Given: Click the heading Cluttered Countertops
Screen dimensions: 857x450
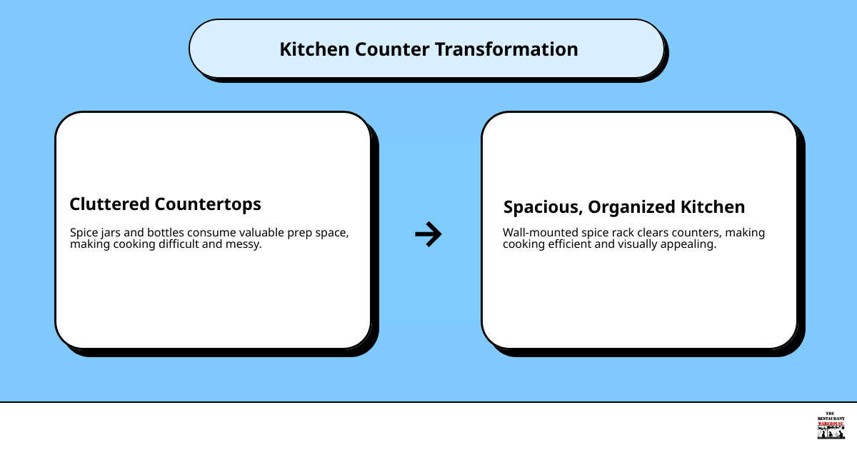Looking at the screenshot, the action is tap(165, 204).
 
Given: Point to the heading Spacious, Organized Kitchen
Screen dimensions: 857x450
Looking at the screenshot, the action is tap(623, 207).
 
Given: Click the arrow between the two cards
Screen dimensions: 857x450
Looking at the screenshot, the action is tap(428, 234).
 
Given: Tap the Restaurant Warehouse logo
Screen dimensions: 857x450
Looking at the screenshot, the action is tap(831, 426).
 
